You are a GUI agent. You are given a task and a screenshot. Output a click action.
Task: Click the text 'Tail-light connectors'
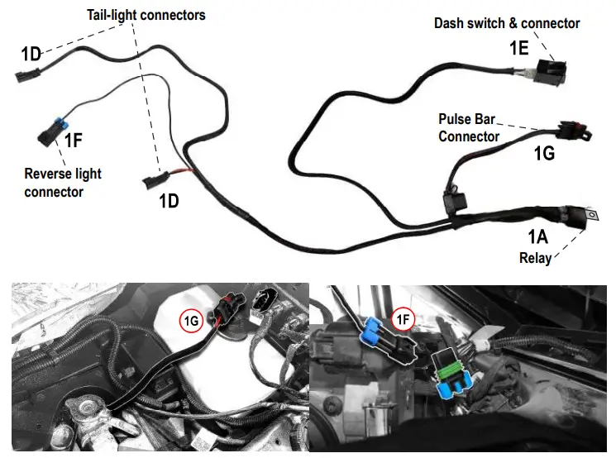click(146, 15)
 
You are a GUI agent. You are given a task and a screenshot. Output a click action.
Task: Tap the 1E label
click(518, 49)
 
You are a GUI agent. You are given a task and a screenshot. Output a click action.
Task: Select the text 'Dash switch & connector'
click(507, 23)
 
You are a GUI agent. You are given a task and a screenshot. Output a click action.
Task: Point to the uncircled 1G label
click(543, 153)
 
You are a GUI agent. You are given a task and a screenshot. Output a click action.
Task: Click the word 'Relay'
click(535, 257)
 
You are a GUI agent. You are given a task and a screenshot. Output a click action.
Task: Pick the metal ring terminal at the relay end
click(592, 217)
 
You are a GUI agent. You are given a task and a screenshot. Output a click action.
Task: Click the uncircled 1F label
click(73, 141)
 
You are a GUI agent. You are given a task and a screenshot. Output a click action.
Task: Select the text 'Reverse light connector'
click(63, 183)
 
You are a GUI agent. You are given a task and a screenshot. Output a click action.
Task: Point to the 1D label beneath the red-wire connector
click(168, 200)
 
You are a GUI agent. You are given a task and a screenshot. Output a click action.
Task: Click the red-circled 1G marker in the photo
click(191, 320)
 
